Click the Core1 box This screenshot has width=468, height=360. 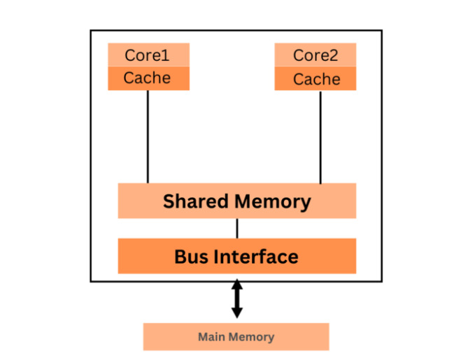[148, 55]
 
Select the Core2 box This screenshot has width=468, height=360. [315, 55]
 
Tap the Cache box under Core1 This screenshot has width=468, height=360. [148, 78]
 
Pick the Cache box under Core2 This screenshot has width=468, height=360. [315, 79]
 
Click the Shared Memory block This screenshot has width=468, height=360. [236, 201]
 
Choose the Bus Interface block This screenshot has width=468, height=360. [236, 256]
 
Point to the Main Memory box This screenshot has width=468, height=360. [236, 337]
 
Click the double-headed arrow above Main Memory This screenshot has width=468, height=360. [236, 298]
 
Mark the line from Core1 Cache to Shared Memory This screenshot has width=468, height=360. [148, 136]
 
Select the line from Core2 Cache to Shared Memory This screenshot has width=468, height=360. [320, 136]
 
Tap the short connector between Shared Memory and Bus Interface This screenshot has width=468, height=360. [236, 229]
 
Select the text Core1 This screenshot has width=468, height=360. [148, 55]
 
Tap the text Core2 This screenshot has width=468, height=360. [315, 55]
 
